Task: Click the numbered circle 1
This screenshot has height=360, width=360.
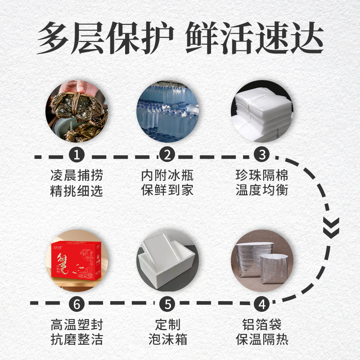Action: pyautogui.click(x=76, y=154)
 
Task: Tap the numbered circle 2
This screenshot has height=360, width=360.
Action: pyautogui.click(x=167, y=154)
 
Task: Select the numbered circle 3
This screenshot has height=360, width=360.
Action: pyautogui.click(x=262, y=154)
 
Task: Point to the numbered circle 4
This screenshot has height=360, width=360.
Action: pyautogui.click(x=262, y=304)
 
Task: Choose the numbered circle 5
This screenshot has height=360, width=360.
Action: pyautogui.click(x=167, y=304)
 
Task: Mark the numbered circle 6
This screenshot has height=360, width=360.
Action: pyautogui.click(x=76, y=304)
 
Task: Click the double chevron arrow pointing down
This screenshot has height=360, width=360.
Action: pyautogui.click(x=331, y=228)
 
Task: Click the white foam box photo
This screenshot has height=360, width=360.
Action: pyautogui.click(x=167, y=261)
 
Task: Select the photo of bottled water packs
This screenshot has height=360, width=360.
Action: pyautogui.click(x=167, y=111)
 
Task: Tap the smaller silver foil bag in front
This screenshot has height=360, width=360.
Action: pyautogui.click(x=274, y=269)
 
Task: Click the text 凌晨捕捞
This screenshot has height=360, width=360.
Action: pyautogui.click(x=76, y=175)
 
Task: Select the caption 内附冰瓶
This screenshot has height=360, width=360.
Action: pyautogui.click(x=167, y=175)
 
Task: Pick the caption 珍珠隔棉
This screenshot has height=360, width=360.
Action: pyautogui.click(x=262, y=175)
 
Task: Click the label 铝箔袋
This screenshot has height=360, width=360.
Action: pyautogui.click(x=262, y=324)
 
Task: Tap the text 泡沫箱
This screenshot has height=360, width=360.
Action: pyautogui.click(x=167, y=339)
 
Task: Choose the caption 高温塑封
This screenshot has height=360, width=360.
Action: pyautogui.click(x=76, y=324)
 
